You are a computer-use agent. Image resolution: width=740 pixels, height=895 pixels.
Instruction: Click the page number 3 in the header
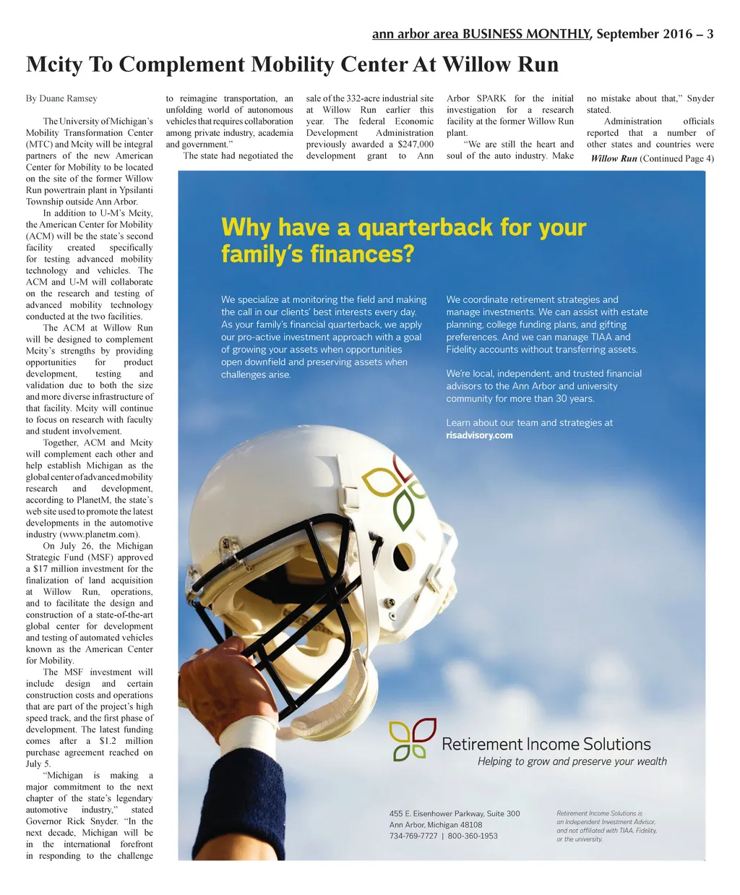point(710,34)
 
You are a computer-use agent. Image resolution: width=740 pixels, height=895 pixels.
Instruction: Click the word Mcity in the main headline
point(54,64)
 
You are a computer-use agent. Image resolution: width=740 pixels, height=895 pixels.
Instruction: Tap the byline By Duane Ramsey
point(61,98)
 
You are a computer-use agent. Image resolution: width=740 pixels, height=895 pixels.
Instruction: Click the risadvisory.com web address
point(479,435)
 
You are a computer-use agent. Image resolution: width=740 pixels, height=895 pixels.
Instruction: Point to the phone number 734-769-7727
point(413,836)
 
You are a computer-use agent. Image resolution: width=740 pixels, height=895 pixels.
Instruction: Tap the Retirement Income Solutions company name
point(546,744)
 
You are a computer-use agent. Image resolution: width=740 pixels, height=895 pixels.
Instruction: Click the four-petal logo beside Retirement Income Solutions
point(412,739)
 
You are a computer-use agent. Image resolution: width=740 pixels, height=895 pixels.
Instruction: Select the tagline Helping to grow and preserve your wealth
point(572,761)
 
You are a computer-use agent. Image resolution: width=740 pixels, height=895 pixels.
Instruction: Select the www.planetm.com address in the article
point(102,534)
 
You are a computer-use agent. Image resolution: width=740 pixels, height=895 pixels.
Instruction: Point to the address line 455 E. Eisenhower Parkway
point(454,813)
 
